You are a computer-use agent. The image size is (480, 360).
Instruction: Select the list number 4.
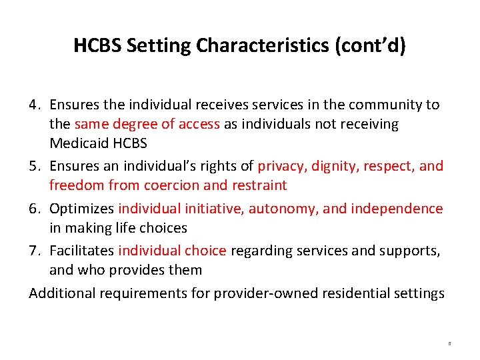coord(35,105)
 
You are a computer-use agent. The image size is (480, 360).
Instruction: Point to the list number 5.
coord(35,166)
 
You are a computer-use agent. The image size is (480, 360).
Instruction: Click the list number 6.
coord(35,209)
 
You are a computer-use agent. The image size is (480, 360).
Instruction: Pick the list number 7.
coord(35,251)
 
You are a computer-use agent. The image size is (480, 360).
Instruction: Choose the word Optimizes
coord(81,209)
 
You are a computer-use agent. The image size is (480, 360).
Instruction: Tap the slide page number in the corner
coord(449,344)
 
